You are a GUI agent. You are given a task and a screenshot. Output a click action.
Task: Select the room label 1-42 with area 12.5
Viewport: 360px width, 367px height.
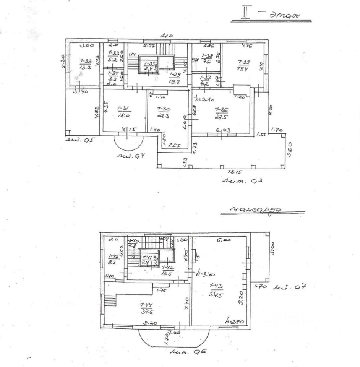166,270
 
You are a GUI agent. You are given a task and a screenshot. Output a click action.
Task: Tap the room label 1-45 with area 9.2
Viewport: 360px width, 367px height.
114,259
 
